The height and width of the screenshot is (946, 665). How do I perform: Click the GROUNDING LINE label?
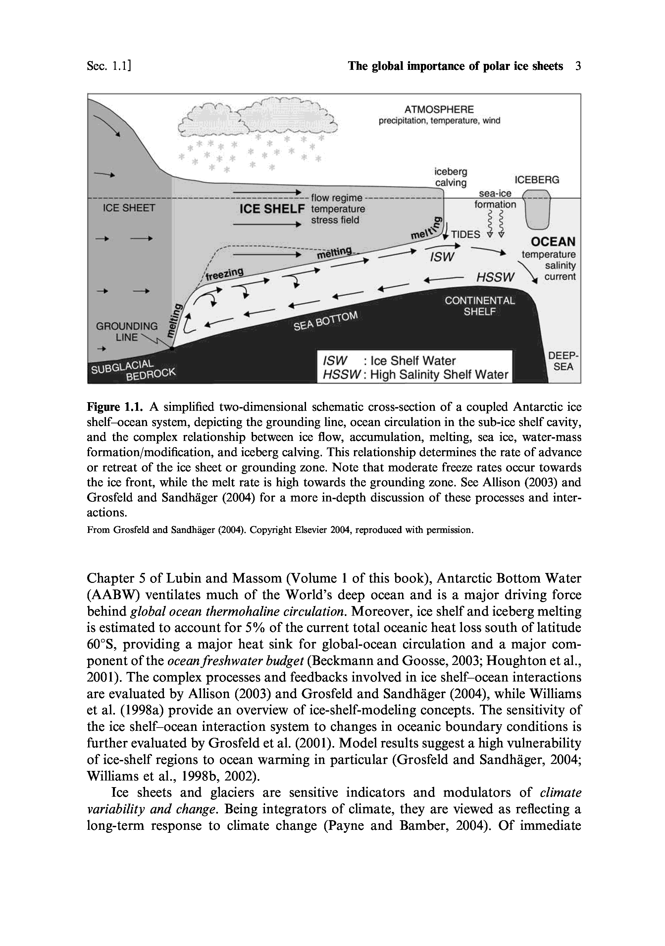click(127, 332)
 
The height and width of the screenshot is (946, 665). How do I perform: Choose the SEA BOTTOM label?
click(326, 321)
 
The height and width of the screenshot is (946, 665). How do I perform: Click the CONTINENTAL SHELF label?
click(480, 306)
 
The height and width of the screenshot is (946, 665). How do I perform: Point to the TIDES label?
click(465, 234)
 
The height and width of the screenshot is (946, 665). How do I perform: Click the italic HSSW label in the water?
click(495, 278)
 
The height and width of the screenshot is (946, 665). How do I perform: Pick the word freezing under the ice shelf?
click(225, 273)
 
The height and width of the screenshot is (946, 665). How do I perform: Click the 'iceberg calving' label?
click(451, 177)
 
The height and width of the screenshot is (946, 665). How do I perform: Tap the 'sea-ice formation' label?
click(495, 199)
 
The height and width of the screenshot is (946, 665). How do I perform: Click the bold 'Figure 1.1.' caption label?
click(115, 407)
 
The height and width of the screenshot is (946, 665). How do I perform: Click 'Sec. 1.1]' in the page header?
click(109, 66)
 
